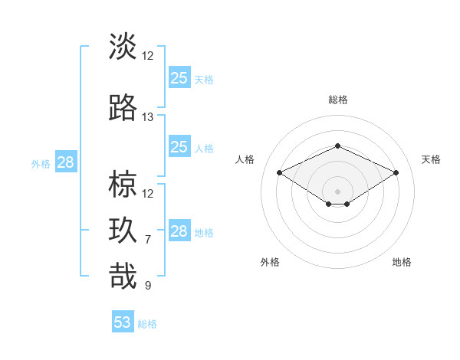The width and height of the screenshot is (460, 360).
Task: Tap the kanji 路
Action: pos(123,108)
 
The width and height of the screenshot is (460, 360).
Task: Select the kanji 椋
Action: pos(123,185)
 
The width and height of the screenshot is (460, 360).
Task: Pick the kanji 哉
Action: pos(123,277)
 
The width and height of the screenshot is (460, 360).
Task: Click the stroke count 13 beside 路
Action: pos(148,117)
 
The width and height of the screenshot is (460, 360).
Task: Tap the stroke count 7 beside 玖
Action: pos(148,240)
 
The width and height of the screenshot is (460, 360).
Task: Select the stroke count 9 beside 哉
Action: pos(148,286)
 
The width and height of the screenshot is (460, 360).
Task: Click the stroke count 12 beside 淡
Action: pos(148,56)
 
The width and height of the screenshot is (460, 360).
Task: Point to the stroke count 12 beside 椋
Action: pos(148,194)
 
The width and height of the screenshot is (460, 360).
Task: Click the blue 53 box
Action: pos(123,322)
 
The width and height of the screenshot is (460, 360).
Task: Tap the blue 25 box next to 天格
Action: pos(179,77)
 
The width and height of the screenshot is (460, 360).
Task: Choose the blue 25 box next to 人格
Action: pos(179,146)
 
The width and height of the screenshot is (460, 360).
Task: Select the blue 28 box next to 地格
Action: pos(179,231)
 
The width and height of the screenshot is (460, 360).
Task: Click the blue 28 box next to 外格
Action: pos(65,162)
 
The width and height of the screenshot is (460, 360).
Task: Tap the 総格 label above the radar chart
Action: pos(338,100)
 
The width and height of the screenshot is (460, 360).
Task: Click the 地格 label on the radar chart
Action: pos(402,262)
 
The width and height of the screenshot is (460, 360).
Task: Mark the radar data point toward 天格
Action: pos(396,173)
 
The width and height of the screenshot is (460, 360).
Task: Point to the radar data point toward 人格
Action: pos(280,173)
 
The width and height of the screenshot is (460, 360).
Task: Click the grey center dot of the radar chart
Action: pos(338,190)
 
